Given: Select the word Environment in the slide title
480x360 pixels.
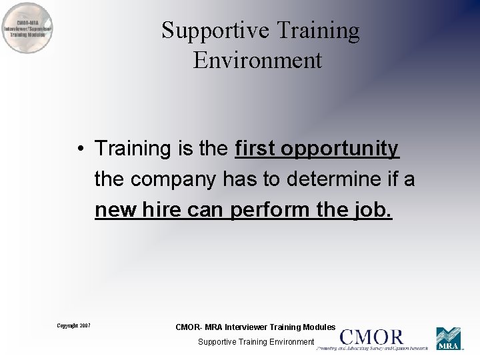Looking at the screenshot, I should [257, 60].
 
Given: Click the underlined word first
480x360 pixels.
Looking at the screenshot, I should [255, 148].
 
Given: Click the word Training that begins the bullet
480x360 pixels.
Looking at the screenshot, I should [133, 148].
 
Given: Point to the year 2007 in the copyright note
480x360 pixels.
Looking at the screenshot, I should [85, 325].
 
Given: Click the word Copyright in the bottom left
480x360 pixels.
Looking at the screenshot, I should [67, 325].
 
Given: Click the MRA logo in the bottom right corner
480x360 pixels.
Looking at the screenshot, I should [449, 339].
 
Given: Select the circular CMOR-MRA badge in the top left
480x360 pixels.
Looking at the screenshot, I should [27, 27].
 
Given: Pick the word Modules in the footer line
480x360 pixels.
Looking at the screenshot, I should [319, 327].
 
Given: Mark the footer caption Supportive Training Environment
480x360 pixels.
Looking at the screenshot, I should [256, 341].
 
